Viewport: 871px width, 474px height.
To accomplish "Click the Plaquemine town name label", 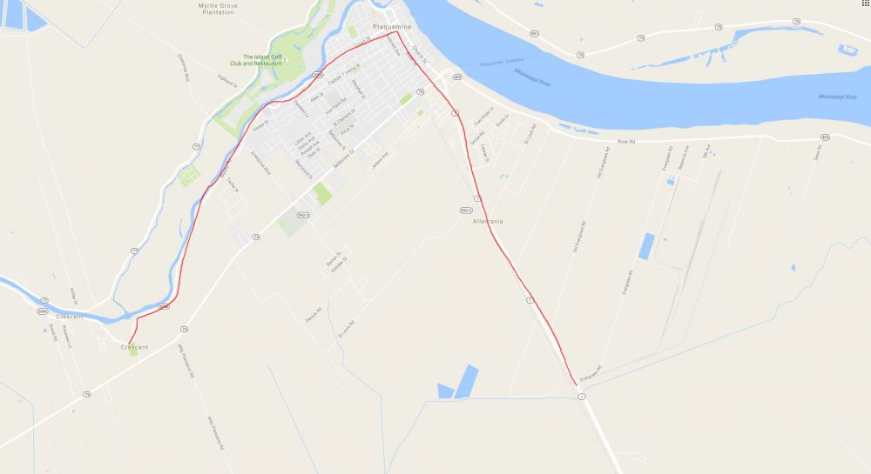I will (390, 27).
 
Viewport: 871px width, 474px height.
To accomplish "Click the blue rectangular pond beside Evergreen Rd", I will (646, 246).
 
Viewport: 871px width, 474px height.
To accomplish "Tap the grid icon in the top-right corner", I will (864, 4).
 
